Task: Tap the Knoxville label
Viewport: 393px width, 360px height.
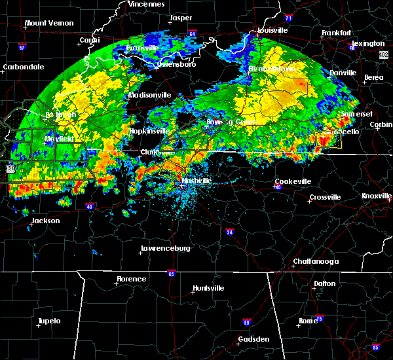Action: pyautogui.click(x=377, y=196)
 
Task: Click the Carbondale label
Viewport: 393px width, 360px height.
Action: pyautogui.click(x=23, y=67)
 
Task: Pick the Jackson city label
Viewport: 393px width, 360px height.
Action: pyautogui.click(x=46, y=221)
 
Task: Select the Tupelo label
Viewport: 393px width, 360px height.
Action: pyautogui.click(x=48, y=321)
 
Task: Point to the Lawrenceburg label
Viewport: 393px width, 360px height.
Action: pyautogui.click(x=165, y=249)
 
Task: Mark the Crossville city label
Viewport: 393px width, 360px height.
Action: pyautogui.click(x=325, y=197)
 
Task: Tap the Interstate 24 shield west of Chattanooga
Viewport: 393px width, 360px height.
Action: pyautogui.click(x=230, y=232)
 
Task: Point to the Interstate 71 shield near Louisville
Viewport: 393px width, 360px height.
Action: pyautogui.click(x=270, y=20)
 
